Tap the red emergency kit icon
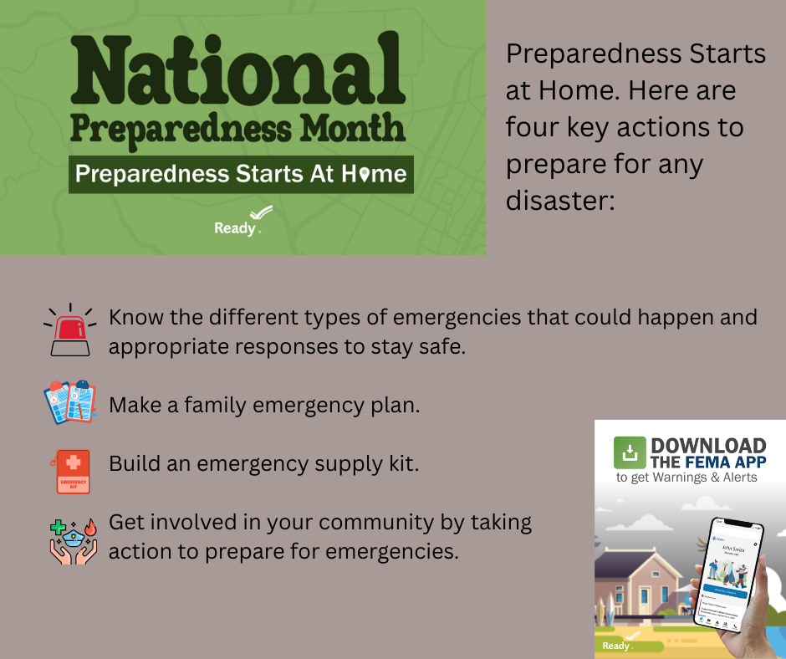tap(73, 470)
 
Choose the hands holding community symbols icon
tap(73, 537)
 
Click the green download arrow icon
tap(630, 452)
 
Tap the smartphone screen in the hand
tap(725, 574)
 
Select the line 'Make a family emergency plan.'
tap(264, 406)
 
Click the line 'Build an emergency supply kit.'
tap(263, 462)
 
